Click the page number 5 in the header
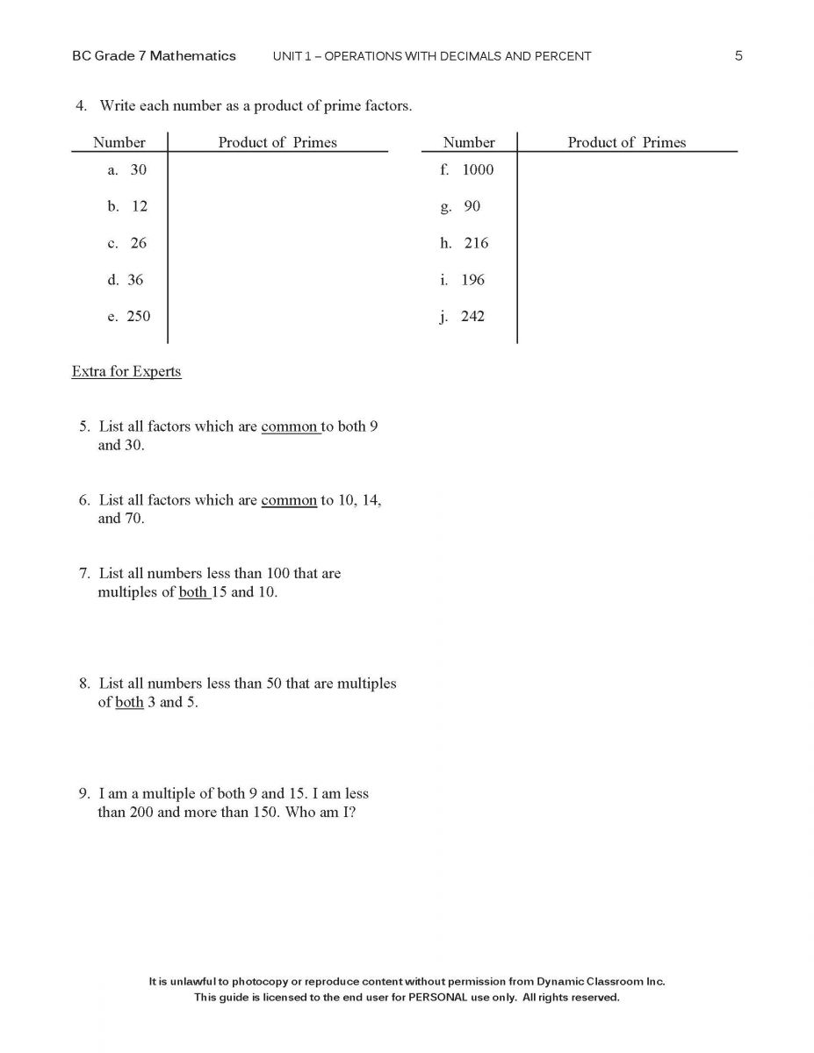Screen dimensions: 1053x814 738,55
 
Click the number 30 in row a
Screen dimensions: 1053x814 139,169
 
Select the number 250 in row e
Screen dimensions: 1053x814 138,316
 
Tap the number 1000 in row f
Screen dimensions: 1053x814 478,169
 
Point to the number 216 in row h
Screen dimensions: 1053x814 476,243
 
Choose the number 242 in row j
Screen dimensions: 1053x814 472,316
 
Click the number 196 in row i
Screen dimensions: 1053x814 472,280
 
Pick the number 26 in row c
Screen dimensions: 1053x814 139,243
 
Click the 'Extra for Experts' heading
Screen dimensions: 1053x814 126,371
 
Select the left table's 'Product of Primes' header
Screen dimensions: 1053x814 277,142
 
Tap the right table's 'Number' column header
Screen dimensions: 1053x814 469,142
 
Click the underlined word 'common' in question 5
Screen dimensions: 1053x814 289,426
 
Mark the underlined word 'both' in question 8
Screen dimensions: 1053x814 129,702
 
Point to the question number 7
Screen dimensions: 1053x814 84,573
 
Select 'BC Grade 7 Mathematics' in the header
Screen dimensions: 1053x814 154,55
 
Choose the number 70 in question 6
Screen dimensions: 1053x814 133,518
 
